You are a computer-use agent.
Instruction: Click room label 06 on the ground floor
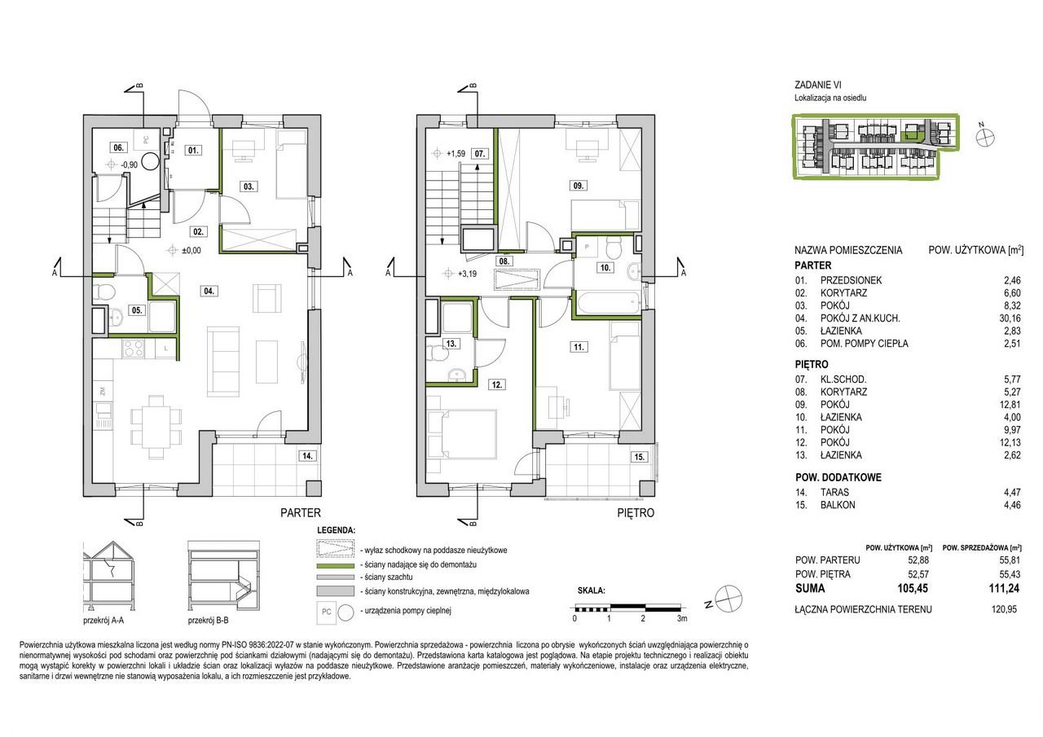point(118,147)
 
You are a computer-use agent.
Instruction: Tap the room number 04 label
point(209,291)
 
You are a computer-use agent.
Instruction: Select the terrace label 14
point(307,455)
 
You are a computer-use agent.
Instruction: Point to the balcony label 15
point(640,457)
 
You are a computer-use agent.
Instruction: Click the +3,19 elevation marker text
point(468,274)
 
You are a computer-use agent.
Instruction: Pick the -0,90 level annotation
point(130,165)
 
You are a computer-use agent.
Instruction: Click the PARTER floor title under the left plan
point(301,513)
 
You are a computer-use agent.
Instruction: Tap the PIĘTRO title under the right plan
point(636,513)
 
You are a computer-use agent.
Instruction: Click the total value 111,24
point(1005,588)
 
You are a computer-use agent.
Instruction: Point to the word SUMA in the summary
point(810,588)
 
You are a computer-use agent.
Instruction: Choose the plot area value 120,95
point(1005,609)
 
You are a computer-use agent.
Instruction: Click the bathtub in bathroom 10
point(609,305)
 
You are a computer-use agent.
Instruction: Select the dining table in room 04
point(156,427)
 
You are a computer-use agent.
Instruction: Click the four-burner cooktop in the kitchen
point(133,349)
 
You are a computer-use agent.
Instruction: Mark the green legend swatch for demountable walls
point(335,565)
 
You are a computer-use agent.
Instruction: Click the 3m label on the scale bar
point(682,618)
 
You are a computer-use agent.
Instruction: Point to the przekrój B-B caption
point(208,621)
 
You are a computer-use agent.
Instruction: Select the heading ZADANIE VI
point(818,85)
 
